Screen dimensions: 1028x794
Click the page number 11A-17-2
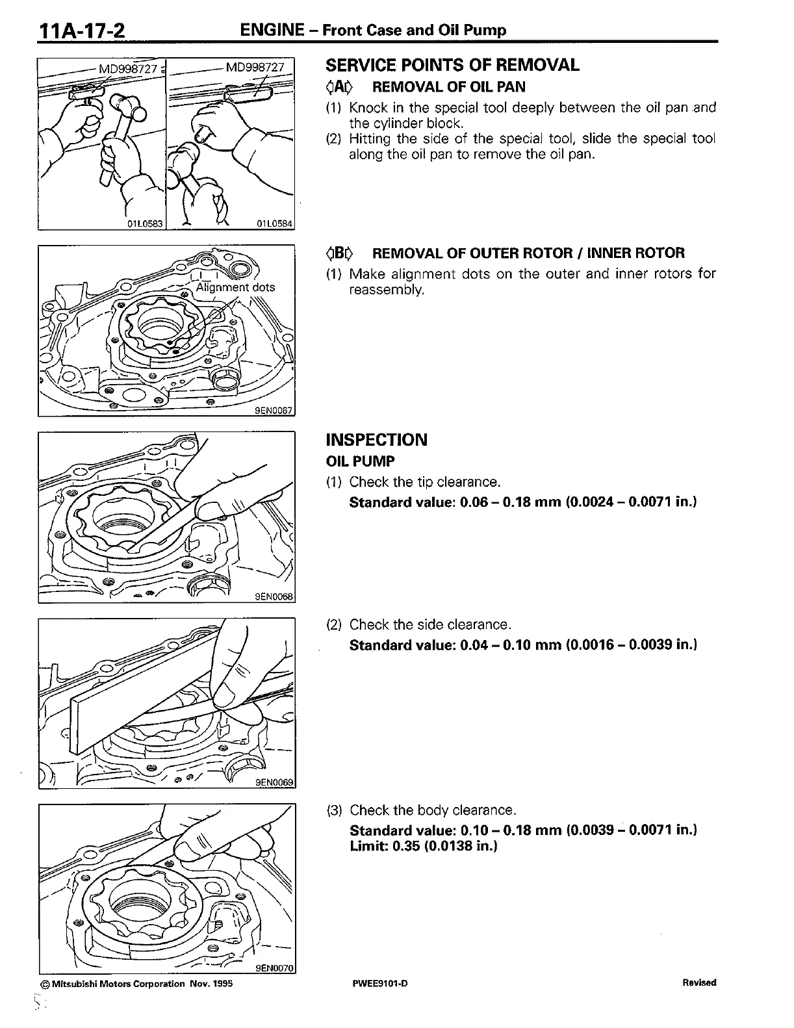[82, 31]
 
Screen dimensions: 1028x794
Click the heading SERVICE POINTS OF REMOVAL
[452, 65]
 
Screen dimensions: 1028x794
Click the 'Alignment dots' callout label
[235, 287]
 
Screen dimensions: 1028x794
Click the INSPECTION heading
[376, 440]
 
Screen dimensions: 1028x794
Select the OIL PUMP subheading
[360, 461]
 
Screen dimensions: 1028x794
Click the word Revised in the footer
[699, 983]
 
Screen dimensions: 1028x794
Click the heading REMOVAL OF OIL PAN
[448, 87]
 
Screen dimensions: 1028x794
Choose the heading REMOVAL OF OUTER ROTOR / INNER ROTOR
[528, 253]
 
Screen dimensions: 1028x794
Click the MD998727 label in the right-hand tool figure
[255, 67]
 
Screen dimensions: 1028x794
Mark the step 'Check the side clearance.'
[430, 624]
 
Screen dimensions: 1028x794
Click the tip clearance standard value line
[523, 502]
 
